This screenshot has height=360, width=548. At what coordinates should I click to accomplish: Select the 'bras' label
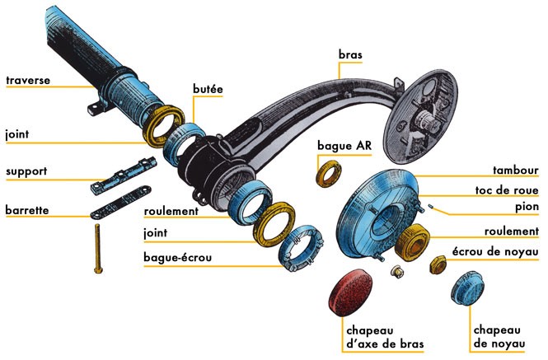coord(349,56)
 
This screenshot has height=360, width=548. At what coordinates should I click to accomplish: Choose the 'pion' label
coord(525,207)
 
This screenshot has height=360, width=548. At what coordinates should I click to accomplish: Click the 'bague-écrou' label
coord(177,258)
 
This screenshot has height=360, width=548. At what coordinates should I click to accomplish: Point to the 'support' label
coord(26,172)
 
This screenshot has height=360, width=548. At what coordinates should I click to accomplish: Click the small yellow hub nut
coord(438,264)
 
